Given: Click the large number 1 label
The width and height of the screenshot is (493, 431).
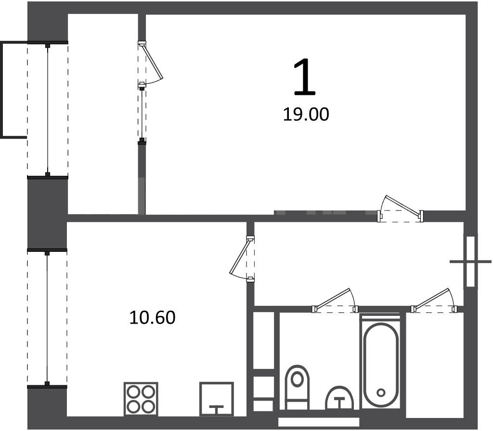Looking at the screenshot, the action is [x=304, y=77].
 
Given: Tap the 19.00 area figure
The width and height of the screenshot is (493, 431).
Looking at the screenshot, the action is [x=306, y=114].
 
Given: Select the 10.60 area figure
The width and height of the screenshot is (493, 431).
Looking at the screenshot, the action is [x=152, y=317].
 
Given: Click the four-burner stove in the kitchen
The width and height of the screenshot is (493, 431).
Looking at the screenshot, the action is [x=141, y=399].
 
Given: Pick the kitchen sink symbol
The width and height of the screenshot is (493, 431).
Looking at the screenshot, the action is [x=217, y=399].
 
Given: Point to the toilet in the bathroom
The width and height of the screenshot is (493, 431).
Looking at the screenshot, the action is [x=297, y=387].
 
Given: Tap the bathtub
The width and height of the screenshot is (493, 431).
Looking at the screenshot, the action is [x=381, y=361].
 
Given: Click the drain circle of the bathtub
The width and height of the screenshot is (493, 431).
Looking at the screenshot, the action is [x=381, y=392].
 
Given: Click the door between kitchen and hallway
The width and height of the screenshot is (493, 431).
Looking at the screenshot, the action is [x=243, y=258].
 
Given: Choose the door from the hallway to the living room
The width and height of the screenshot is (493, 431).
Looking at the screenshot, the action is [x=401, y=209].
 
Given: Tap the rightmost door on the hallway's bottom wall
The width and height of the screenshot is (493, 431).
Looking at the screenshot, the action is [x=434, y=300].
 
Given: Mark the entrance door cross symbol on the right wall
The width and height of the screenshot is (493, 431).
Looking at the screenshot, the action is [x=470, y=261].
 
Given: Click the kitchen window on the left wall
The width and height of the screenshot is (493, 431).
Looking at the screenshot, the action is [x=47, y=318].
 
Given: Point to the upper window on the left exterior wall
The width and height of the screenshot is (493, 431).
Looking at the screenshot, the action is [x=48, y=110].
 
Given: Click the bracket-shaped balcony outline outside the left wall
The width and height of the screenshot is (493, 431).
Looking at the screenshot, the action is [x=2, y=90].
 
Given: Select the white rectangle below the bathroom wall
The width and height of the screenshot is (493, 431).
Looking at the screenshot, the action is [x=319, y=421].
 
